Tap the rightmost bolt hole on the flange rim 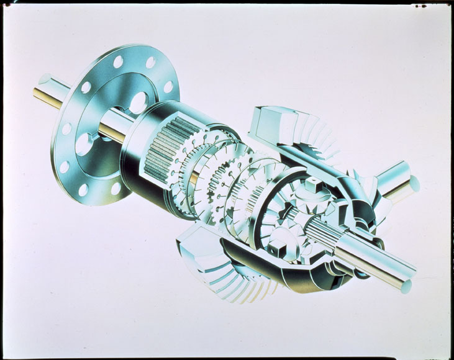click(168, 87)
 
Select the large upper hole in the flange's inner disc click(138, 102)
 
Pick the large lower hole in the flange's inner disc click(84, 144)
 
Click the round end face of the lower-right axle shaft click(406, 286)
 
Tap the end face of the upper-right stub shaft click(414, 184)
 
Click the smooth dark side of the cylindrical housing click(140, 180)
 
